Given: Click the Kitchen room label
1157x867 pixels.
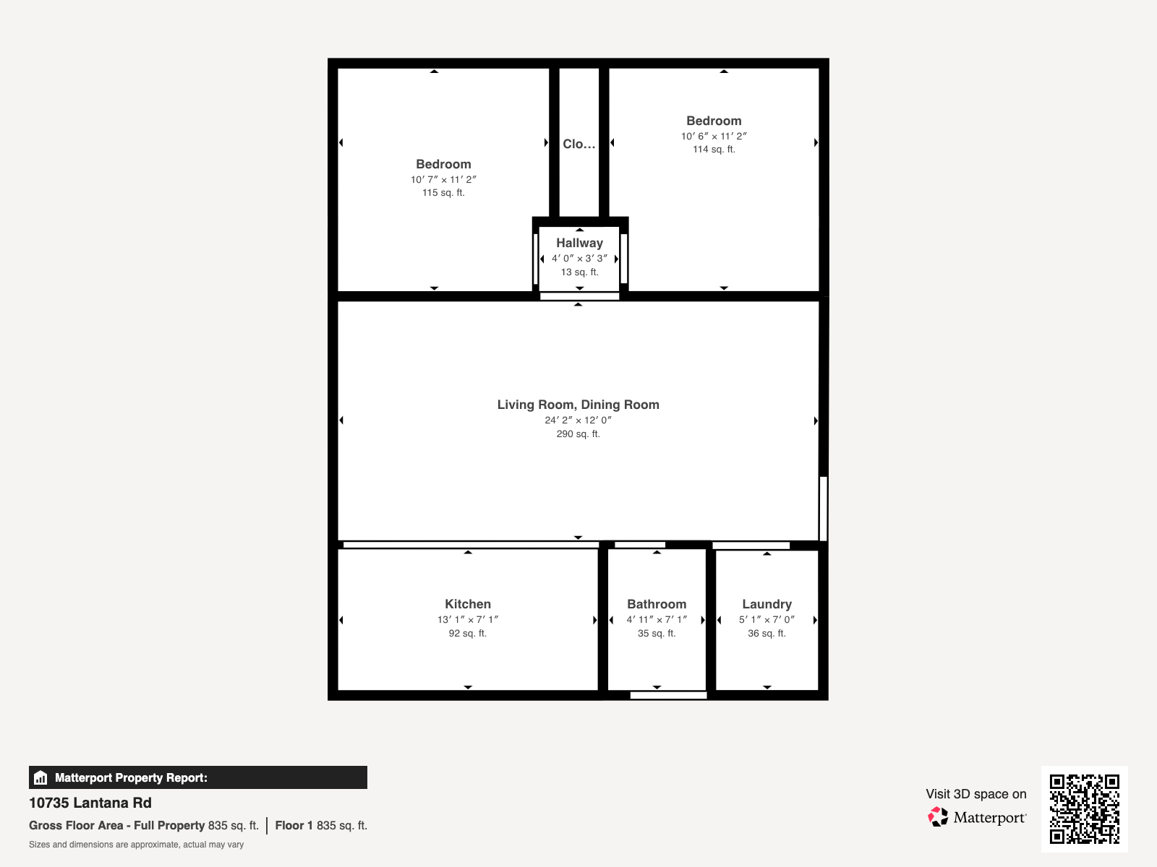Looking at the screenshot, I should pyautogui.click(x=468, y=604).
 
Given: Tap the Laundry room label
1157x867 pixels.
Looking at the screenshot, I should pyautogui.click(x=767, y=604).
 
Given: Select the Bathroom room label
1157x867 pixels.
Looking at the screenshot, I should pyautogui.click(x=657, y=604).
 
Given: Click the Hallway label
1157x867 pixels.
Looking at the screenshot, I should pyautogui.click(x=579, y=243).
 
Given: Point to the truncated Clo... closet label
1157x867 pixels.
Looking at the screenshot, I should pyautogui.click(x=579, y=144).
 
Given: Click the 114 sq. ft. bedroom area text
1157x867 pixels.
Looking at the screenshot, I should pyautogui.click(x=714, y=150).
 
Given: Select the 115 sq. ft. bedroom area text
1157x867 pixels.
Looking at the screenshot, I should pyautogui.click(x=443, y=193).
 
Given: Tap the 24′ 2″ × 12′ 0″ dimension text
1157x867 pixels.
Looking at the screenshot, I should pyautogui.click(x=578, y=420).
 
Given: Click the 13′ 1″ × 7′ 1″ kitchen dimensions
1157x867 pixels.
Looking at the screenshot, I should pyautogui.click(x=468, y=619).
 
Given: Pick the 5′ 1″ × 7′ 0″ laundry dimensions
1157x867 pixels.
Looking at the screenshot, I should pyautogui.click(x=767, y=619).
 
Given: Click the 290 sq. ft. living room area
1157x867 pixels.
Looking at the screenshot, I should pyautogui.click(x=578, y=434).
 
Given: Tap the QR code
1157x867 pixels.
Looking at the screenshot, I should pyautogui.click(x=1084, y=808).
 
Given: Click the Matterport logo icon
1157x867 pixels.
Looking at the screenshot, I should pyautogui.click(x=938, y=817).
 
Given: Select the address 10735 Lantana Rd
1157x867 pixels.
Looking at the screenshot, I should pyautogui.click(x=90, y=803).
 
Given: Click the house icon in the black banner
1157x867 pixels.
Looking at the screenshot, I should pyautogui.click(x=40, y=778).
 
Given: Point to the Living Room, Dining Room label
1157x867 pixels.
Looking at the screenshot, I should pyautogui.click(x=578, y=405).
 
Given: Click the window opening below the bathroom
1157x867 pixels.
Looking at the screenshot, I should pyautogui.click(x=668, y=695).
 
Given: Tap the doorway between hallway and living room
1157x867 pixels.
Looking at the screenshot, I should pyautogui.click(x=579, y=296).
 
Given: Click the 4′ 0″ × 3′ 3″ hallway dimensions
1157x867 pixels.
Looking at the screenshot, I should pyautogui.click(x=579, y=259).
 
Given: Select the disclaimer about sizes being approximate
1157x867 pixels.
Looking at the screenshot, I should pyautogui.click(x=136, y=845).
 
